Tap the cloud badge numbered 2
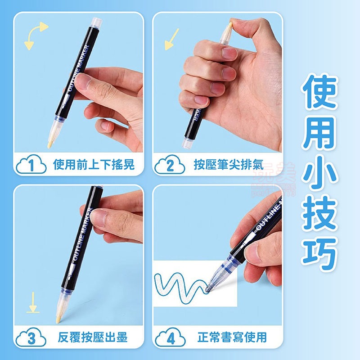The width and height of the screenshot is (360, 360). click(170, 165)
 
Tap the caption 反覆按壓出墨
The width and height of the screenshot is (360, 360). click(94, 337)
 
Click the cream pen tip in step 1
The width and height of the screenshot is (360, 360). click(50, 139)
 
